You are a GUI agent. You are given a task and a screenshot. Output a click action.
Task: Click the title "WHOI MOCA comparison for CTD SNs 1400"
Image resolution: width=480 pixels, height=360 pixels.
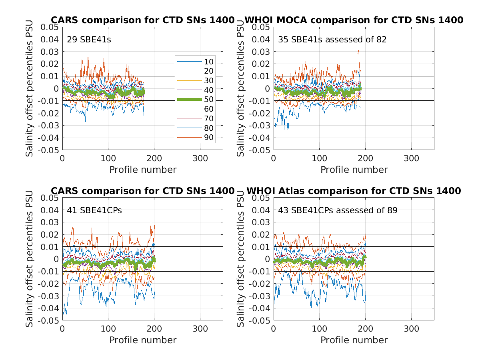pos(354,20)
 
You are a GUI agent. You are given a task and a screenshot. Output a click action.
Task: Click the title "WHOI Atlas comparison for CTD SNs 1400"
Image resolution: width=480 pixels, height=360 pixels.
pos(354,191)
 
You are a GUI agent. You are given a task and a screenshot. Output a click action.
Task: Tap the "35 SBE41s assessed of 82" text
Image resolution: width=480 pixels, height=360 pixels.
pos(332,40)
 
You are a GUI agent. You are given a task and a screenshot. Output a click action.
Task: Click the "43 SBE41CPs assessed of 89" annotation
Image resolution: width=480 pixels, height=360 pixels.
pos(338,210)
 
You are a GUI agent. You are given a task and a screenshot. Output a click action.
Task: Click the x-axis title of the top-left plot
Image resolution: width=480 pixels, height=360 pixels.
pos(143,170)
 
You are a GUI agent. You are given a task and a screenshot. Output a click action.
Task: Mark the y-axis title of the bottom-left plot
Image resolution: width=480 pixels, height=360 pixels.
pos(30,259)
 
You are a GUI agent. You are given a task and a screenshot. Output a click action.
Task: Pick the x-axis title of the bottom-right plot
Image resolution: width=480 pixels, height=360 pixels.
pos(354,340)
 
